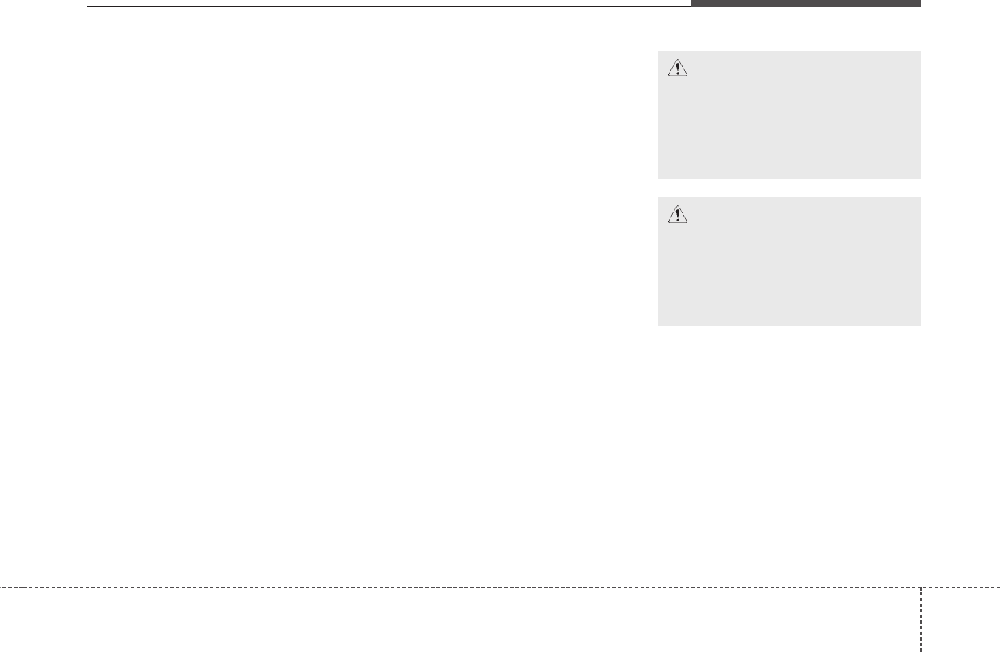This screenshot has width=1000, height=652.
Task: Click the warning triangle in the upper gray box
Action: coord(677,69)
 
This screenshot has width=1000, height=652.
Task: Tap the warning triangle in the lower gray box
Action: coord(677,215)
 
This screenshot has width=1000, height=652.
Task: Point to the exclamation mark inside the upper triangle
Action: coord(677,70)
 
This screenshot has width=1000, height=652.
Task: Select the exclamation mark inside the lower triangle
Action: coord(677,216)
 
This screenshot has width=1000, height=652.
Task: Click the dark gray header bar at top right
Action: coord(805,3)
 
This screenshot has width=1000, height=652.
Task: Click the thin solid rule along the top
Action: coord(388,7)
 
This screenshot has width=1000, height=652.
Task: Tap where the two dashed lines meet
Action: coord(921,587)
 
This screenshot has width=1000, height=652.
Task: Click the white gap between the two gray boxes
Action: coord(789,188)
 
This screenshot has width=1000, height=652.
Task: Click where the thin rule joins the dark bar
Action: coord(691,6)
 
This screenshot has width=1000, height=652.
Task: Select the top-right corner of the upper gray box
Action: coord(919,53)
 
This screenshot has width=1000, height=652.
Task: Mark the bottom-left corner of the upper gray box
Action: coord(659,178)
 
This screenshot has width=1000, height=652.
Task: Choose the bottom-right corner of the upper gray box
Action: coord(919,178)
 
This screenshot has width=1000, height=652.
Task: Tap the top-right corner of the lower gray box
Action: coord(919,199)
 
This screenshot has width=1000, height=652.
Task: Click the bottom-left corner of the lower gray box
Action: coord(659,324)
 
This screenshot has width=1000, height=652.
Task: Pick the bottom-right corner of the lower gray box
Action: coord(919,324)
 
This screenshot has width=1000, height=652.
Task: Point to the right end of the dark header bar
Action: coord(919,3)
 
